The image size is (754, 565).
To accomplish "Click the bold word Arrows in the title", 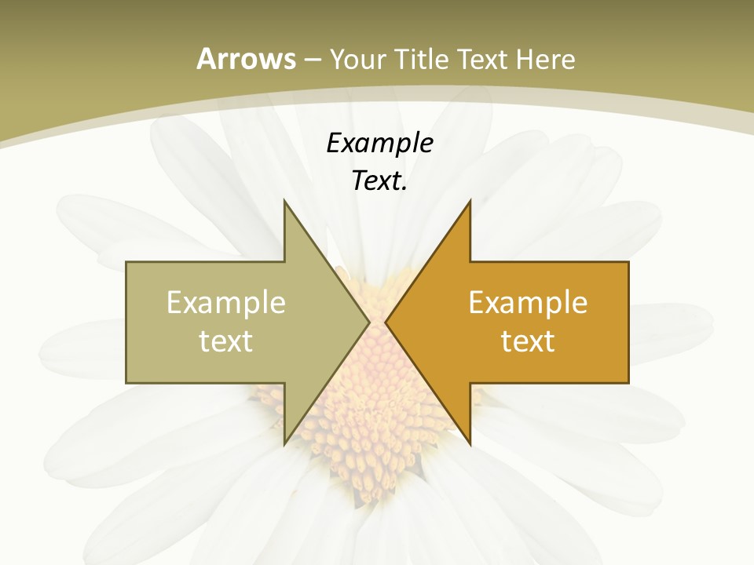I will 246,59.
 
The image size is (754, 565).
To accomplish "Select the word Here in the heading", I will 545,59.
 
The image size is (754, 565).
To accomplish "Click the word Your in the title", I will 357,59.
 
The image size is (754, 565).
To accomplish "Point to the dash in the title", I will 312,60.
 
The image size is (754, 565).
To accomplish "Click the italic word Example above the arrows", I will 380,143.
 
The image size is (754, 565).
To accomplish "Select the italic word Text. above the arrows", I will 380,180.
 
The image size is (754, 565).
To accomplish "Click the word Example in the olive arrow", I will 226,302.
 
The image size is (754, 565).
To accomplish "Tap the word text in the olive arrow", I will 226,341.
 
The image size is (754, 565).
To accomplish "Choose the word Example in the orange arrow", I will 528,302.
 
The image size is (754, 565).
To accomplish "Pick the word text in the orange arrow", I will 528,341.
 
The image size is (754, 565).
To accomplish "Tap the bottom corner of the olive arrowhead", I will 285,442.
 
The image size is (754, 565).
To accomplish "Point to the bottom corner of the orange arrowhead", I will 470,442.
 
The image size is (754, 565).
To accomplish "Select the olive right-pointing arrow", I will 236,323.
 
